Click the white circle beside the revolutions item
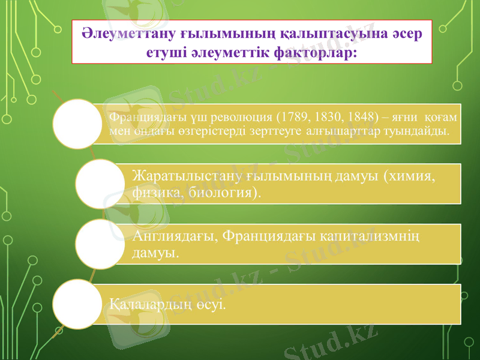click(x=77, y=124)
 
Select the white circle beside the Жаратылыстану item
click(x=100, y=184)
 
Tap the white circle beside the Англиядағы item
click(x=100, y=244)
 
